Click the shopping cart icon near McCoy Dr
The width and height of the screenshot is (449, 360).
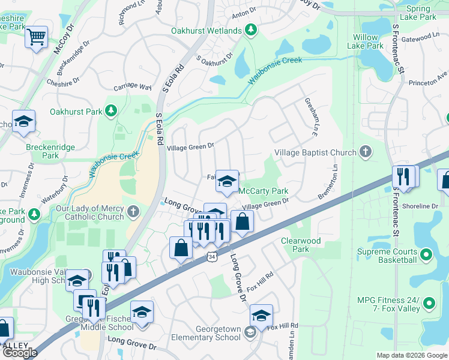click(37, 37)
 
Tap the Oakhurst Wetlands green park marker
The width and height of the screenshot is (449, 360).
click(252, 31)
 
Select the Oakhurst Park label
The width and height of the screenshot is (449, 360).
click(76, 111)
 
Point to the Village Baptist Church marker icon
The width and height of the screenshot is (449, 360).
click(365, 152)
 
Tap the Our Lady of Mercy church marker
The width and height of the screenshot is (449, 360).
click(133, 211)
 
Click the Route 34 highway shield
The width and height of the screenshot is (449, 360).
click(212, 256)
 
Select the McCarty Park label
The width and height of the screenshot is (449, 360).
click(264, 191)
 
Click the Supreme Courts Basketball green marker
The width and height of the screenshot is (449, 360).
click(426, 255)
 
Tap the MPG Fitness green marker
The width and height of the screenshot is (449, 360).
click(429, 304)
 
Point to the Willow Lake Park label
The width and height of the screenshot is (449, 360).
click(366, 41)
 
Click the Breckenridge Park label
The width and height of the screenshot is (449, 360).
click(42, 150)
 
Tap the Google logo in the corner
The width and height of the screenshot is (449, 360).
click(20, 353)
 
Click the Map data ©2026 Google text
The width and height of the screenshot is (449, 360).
click(411, 355)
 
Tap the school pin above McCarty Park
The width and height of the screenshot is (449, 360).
click(227, 181)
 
